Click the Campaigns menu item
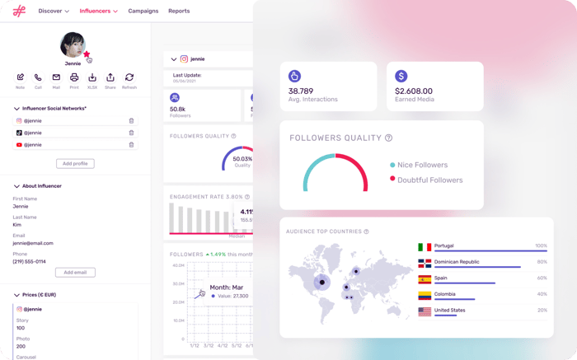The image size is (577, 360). [143, 11]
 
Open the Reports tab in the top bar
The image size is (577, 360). [179, 11]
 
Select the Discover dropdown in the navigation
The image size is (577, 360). [54, 11]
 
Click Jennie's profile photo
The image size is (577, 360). [73, 44]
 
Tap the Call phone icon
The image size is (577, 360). [38, 77]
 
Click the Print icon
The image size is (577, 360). [74, 77]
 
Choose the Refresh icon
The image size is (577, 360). [129, 77]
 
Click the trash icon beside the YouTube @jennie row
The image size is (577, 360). [131, 144]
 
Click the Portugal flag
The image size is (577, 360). [425, 246]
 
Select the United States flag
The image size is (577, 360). [425, 311]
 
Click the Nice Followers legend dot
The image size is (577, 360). [392, 166]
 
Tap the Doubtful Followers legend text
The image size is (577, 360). [429, 180]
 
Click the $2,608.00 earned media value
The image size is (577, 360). [414, 91]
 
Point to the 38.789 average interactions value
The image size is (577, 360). [301, 91]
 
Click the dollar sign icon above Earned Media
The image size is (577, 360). [401, 76]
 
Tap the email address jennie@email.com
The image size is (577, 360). [33, 243]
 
